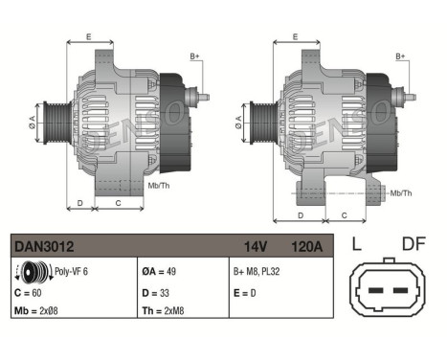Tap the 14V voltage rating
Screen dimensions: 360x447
255,246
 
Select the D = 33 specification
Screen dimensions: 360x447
159,291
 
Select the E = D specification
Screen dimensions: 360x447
245,291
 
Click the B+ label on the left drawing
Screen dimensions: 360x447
194,57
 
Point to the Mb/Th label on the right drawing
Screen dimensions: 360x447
402,193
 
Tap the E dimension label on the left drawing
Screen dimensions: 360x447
88,37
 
